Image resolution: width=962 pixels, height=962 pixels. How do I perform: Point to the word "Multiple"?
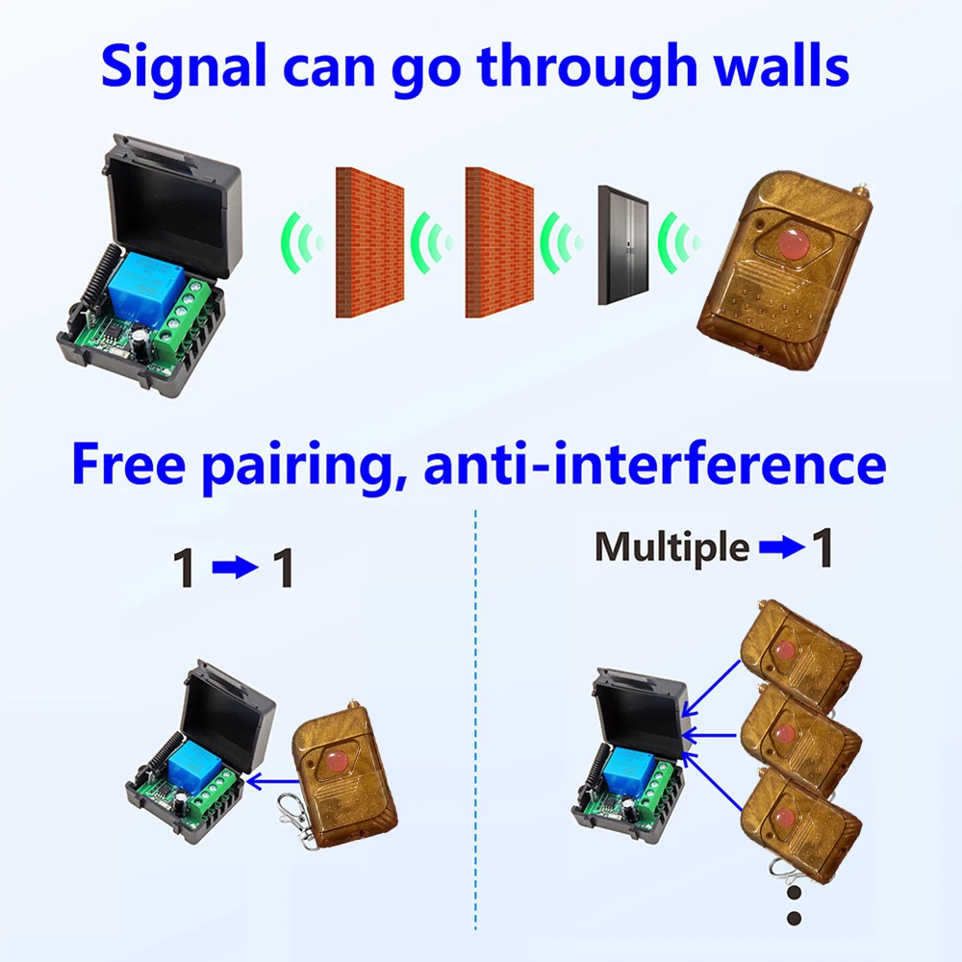[x=671, y=546]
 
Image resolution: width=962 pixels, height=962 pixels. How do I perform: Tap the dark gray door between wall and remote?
[x=623, y=244]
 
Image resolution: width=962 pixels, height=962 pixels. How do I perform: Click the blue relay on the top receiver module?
[x=147, y=287]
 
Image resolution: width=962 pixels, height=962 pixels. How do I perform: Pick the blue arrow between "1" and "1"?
[x=235, y=568]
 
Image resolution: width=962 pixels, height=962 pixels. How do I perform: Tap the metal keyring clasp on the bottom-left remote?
[x=294, y=820]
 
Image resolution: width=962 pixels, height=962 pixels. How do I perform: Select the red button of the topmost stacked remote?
[x=783, y=650]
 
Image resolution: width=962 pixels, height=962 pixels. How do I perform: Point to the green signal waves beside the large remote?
[x=678, y=243]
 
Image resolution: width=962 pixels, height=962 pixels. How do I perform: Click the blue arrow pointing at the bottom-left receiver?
[x=273, y=781]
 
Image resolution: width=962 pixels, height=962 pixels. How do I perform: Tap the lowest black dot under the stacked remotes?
[x=794, y=919]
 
